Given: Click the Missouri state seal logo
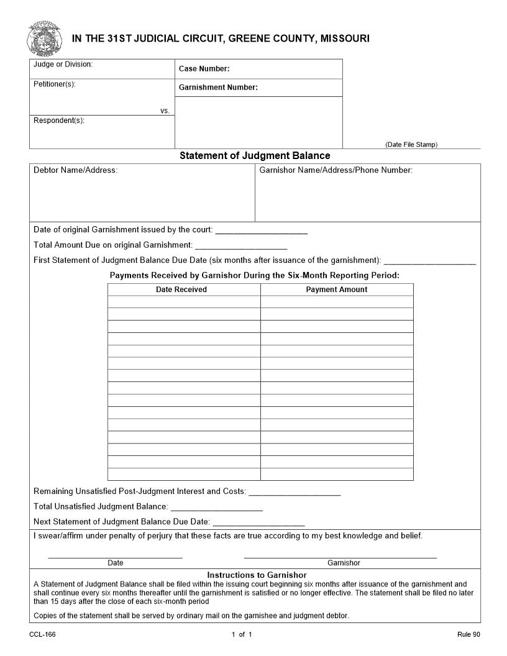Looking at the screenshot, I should pos(40,38).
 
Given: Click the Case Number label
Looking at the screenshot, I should pos(204,69).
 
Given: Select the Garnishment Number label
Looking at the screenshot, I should pos(218,88).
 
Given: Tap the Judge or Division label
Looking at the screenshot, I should pos(63,65).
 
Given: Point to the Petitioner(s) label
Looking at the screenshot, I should pos(55,84).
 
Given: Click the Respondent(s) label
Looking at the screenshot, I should pos(58,121).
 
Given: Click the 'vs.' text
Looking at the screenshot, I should pos(165,111).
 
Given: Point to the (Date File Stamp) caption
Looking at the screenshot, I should pos(411,145).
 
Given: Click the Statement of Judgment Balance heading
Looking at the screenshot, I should pos(255,156).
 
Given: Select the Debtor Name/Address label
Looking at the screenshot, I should pos(75,170).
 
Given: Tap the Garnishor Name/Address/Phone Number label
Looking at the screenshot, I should pos(336,170).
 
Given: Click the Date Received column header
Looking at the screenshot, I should pos(181,289).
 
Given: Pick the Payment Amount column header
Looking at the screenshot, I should pos(337,289).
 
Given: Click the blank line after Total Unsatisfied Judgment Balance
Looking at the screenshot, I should pos(216,510).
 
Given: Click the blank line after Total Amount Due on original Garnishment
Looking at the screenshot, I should pos(241,248).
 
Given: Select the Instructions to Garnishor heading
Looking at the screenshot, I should pos(257,575).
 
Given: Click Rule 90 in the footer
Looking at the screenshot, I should pos(468,634).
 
